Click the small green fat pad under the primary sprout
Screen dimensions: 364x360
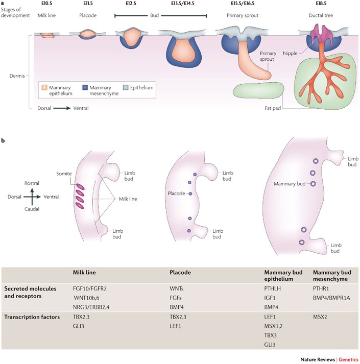pyautogui.click(x=258, y=90)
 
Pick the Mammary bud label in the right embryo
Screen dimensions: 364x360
pyautogui.click(x=290, y=183)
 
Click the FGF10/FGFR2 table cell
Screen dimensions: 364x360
pyautogui.click(x=92, y=288)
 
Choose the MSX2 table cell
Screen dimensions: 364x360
pyautogui.click(x=321, y=317)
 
